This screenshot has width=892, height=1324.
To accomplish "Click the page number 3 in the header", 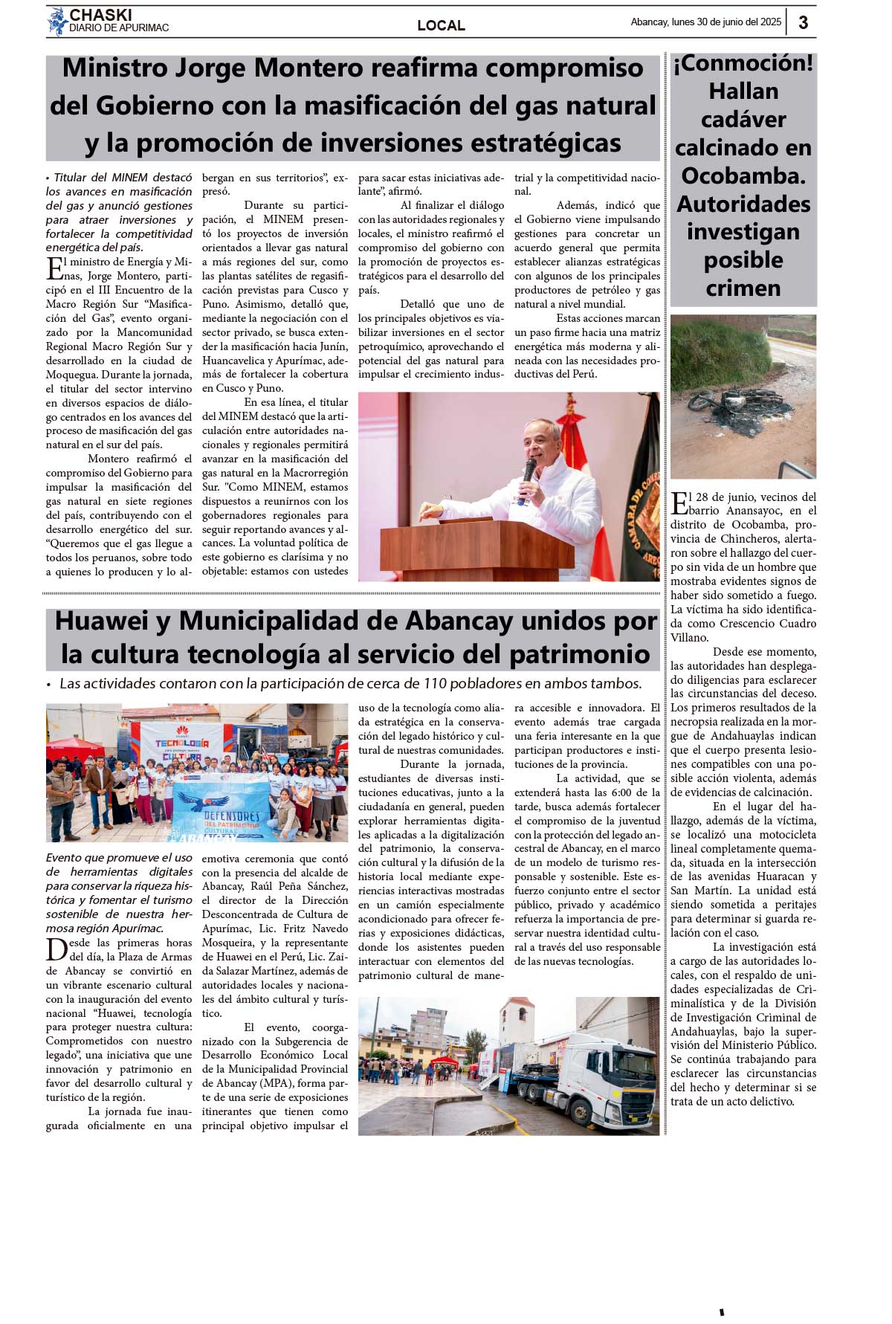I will [x=804, y=22].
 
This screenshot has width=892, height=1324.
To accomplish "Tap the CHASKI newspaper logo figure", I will [x=56, y=22].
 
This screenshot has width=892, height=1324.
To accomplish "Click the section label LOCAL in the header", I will [x=441, y=25].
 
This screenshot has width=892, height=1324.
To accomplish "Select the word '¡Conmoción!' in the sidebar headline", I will [x=743, y=64].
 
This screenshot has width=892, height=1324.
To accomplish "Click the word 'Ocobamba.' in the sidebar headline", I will [x=743, y=176].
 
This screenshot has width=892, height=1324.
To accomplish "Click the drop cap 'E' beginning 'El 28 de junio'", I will [x=679, y=503].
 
